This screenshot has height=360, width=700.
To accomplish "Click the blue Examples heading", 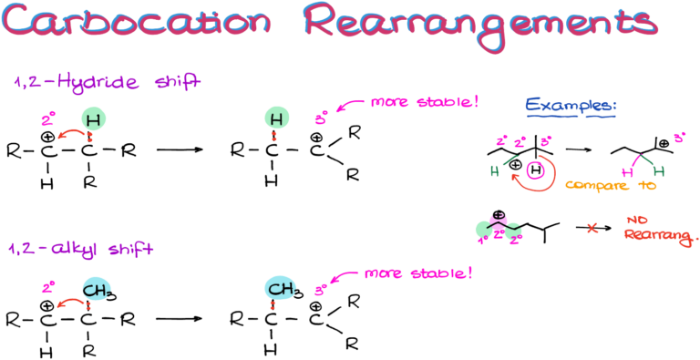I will tap(571, 108).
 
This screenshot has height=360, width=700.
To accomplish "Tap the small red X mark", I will tap(592, 228).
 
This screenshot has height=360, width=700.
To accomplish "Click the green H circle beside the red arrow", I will tap(92, 118).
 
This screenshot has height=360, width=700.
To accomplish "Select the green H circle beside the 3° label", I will tap(277, 118).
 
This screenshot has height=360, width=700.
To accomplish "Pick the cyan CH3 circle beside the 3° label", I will tap(281, 290).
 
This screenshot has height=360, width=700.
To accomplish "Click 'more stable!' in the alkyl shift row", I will tap(418, 273).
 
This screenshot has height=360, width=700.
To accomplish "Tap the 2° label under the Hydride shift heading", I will tap(48, 118).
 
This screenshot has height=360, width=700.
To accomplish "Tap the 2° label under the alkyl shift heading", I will tap(48, 288).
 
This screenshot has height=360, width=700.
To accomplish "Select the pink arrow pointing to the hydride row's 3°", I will tap(349, 108).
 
